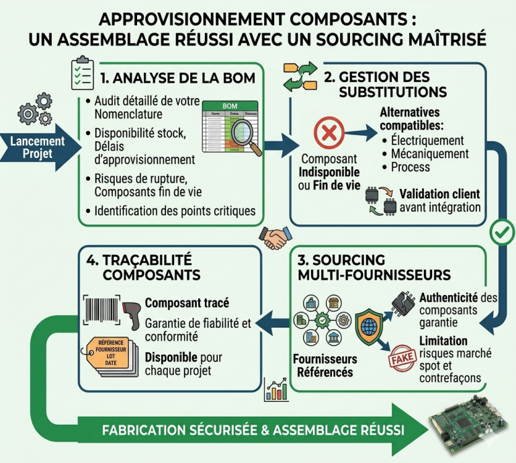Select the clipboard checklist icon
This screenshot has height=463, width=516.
(x=83, y=75)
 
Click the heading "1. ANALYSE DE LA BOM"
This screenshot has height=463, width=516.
(x=177, y=78)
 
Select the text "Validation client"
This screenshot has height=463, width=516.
(x=439, y=194)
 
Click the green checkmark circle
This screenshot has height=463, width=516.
(x=501, y=233)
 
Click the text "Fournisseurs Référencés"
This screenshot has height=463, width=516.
(x=326, y=366)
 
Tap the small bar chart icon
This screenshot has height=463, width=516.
(x=276, y=389)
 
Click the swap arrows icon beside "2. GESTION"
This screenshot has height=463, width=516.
(x=300, y=77)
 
